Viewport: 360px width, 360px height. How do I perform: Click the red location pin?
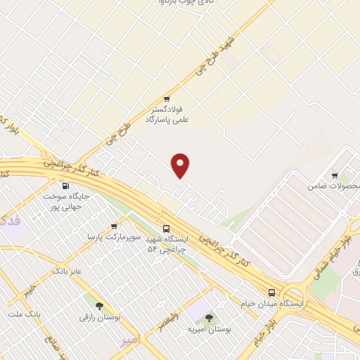click(x=181, y=165)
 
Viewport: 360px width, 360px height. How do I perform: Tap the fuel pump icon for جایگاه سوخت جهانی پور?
click(x=66, y=186)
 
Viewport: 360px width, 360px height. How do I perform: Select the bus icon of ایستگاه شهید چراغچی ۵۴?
click(x=167, y=229)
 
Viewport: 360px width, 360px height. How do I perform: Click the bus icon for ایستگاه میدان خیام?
click(x=272, y=292)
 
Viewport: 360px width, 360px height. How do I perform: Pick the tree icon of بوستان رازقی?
click(x=98, y=306)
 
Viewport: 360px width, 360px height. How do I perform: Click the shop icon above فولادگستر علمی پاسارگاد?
click(x=167, y=99)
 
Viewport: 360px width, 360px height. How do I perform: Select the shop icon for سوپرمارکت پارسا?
click(x=114, y=226)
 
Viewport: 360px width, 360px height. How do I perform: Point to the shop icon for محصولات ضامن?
click(x=334, y=176)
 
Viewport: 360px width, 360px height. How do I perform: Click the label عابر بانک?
click(x=67, y=271)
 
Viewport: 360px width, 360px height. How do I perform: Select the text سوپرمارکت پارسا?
click(x=105, y=238)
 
